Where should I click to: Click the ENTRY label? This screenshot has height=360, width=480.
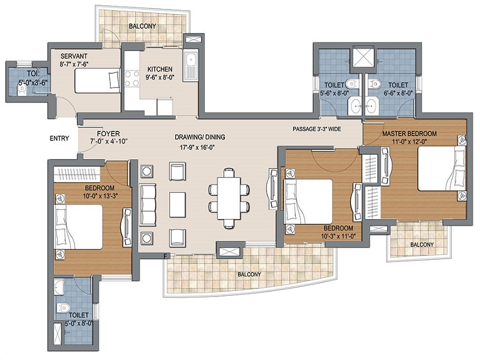tap(59, 139)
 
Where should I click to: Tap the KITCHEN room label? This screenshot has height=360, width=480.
tap(160, 69)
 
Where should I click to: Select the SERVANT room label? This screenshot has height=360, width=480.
tap(74, 56)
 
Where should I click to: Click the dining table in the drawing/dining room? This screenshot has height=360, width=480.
tap(229, 199)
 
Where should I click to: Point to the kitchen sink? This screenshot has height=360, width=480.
tap(191, 65)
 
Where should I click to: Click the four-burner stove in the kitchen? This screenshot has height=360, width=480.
tap(132, 79)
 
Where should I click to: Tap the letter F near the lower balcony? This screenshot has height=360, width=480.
tap(166, 256)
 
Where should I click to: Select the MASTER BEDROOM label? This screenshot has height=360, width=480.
tap(409, 134)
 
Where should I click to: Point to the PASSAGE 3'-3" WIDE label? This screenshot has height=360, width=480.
tap(317, 129)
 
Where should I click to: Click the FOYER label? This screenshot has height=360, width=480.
tap(109, 134)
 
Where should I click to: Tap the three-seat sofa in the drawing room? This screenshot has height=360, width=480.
tap(148, 205)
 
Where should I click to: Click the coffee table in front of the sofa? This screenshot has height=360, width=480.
tap(177, 205)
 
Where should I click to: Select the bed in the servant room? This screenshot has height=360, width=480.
tap(97, 81)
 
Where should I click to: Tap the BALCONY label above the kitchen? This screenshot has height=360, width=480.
tap(142, 26)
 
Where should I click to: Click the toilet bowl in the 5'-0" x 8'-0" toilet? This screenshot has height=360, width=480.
tap(64, 307)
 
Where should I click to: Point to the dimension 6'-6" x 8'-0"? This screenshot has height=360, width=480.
tap(398, 92)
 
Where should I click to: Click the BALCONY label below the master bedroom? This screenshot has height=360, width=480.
tap(422, 245)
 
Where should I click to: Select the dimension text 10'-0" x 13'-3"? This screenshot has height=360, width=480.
tap(100, 196)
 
